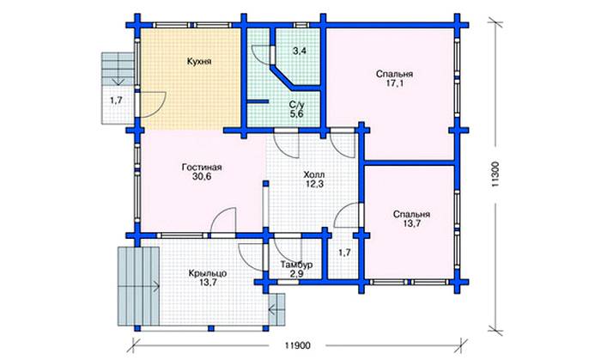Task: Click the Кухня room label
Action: pos(199,62)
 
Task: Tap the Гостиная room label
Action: pos(203,167)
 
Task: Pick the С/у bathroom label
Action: pos(296,102)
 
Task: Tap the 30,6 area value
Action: pos(203,178)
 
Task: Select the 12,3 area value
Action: pos(314,185)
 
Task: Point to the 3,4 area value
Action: pos(300,52)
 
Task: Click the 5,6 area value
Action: pos(296,113)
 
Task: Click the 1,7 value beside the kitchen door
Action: pos(116,102)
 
